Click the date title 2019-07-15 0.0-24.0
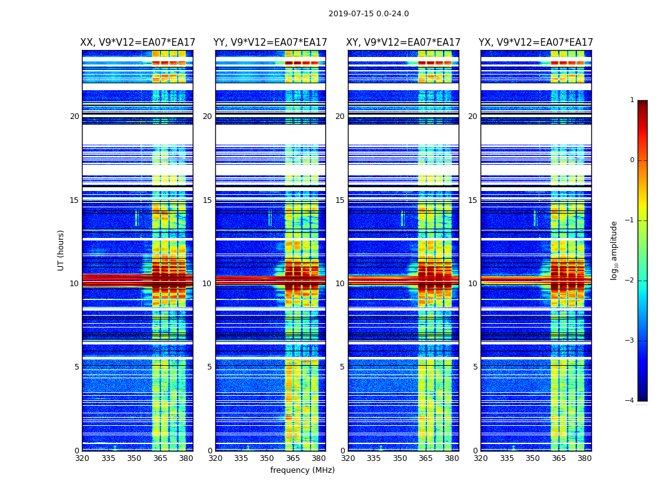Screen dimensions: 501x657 [369, 14]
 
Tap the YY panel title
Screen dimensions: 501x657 [270, 43]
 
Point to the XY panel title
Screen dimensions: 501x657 [404, 43]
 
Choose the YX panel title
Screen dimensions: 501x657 [536, 43]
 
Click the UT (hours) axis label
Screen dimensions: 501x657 [61, 250]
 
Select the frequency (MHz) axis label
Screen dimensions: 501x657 [302, 470]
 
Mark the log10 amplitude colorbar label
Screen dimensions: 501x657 [614, 250]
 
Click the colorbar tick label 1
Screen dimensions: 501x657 [631, 100]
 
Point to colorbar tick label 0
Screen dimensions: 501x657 [631, 160]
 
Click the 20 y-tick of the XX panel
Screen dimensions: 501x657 [74, 116]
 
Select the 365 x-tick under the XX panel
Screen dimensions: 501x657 [160, 458]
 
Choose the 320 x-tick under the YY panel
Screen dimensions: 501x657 [215, 458]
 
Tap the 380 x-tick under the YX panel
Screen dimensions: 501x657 [584, 458]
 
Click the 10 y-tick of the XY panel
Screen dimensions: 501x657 [340, 284]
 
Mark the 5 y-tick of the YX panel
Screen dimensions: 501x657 [476, 367]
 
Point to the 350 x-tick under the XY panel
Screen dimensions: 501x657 [400, 458]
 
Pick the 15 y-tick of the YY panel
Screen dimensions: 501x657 [207, 200]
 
